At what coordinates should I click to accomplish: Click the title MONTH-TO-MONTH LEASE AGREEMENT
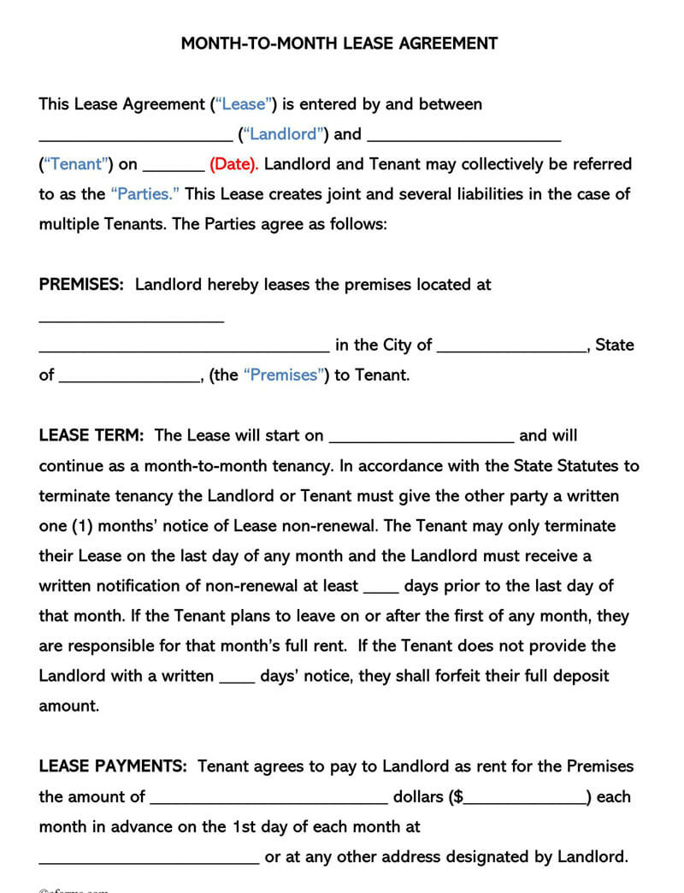[x=339, y=43]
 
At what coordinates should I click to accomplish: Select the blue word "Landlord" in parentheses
[x=285, y=134]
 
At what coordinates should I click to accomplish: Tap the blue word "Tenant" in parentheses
[x=76, y=164]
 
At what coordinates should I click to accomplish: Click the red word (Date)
[x=233, y=164]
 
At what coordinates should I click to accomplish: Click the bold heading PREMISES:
[x=82, y=285]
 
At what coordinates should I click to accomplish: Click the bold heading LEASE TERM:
[x=91, y=435]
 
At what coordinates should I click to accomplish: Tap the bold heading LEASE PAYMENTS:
[x=115, y=766]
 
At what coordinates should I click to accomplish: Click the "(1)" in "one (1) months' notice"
[x=86, y=526]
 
